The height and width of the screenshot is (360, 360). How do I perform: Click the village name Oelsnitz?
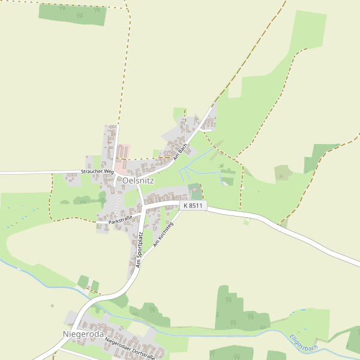138,180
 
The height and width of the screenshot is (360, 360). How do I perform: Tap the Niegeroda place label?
83,334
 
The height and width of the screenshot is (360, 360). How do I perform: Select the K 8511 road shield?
193,205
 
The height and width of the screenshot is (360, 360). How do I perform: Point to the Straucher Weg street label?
97,172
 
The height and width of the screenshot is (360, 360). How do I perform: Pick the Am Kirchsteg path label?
163,235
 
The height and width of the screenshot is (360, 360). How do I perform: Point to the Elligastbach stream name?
304,343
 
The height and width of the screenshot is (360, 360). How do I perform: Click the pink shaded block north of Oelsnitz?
122,151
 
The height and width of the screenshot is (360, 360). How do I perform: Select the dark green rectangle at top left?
72,13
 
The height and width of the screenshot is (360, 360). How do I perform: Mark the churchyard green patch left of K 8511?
195,191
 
